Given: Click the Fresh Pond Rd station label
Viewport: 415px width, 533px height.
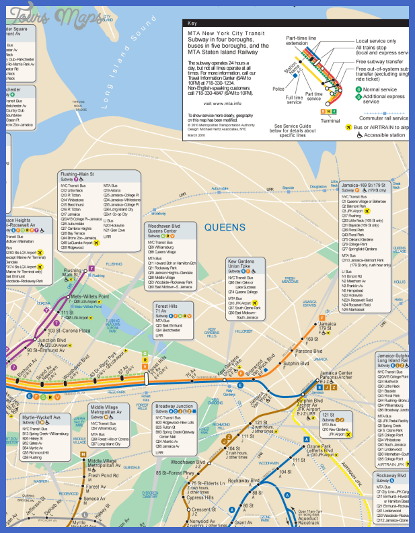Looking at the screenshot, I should coord(101,476).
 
